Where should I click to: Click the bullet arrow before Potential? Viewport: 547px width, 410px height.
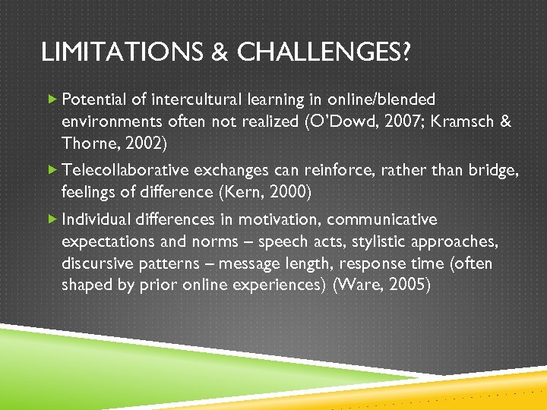point(52,99)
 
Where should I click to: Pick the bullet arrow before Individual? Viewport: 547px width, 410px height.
point(52,219)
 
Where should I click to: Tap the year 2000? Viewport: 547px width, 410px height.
point(289,192)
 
